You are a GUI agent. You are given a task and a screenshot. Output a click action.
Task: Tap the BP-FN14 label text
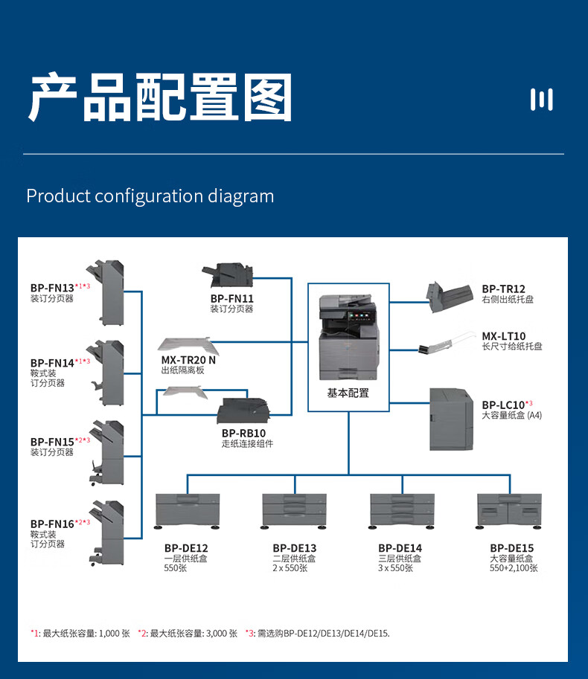(52, 363)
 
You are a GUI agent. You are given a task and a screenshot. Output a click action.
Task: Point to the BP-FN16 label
(52, 524)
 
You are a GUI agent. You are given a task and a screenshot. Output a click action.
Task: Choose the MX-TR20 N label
(188, 360)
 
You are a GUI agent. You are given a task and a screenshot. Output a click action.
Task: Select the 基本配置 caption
(348, 393)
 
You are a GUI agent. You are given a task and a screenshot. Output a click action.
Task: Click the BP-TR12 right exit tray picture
(450, 296)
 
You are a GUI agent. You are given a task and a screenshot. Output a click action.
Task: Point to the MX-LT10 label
(503, 336)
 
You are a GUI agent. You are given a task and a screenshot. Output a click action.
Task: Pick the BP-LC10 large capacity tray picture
(450, 419)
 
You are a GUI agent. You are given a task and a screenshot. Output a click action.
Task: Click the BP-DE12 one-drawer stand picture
(188, 510)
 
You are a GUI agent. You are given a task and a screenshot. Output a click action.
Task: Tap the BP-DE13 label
(294, 548)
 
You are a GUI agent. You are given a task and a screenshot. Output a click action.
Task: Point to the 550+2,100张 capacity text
(514, 568)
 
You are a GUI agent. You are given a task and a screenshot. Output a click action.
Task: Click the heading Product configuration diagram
(150, 196)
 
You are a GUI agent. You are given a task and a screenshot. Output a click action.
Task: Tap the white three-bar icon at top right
(541, 99)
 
